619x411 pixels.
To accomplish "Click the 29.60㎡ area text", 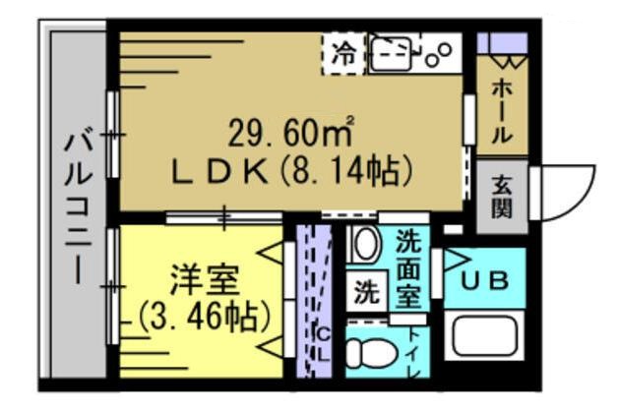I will (291, 129).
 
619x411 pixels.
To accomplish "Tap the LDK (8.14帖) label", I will (291, 172).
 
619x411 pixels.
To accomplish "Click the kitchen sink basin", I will (393, 54).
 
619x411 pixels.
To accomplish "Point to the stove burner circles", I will (438, 51).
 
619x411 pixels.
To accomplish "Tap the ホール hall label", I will (500, 108).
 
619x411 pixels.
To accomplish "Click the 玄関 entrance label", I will (501, 196).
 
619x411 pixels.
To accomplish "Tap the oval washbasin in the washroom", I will (364, 246).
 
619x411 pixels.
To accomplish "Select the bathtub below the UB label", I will (488, 336).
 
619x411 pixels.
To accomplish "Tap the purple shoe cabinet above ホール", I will (502, 44).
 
